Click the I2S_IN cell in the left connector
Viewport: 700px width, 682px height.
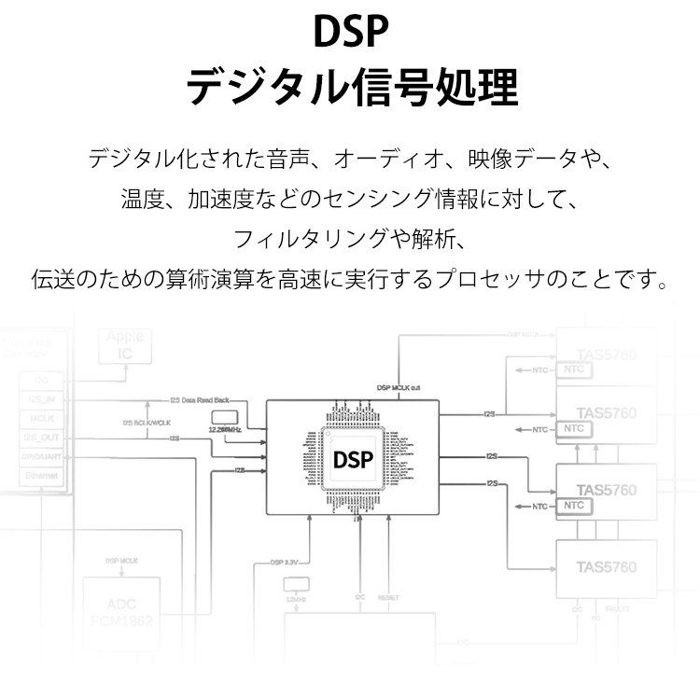click(x=41, y=399)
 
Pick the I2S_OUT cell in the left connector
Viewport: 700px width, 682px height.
click(x=41, y=437)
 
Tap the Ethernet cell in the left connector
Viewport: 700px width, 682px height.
click(x=41, y=476)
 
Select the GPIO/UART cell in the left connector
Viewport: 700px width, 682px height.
click(x=41, y=456)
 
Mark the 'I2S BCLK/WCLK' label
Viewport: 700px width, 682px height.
click(x=148, y=421)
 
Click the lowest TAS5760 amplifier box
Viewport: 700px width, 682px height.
click(x=606, y=566)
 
